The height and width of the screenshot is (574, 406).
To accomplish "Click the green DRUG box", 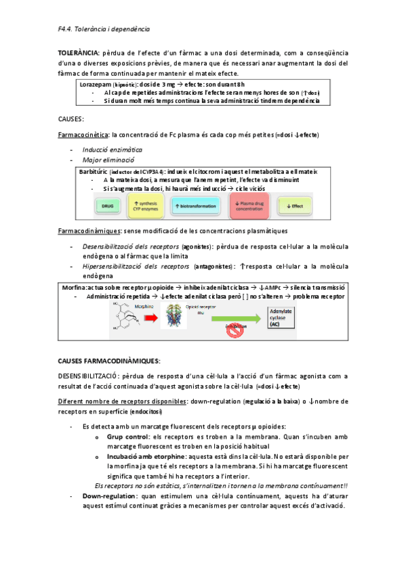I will pyautogui.click(x=106, y=205).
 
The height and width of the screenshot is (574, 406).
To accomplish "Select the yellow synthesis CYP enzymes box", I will pyautogui.click(x=146, y=205).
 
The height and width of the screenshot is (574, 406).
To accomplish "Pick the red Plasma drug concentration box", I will pyautogui.click(x=250, y=205).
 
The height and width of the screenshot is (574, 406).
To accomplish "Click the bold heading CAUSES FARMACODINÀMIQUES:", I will pyautogui.click(x=109, y=361).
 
